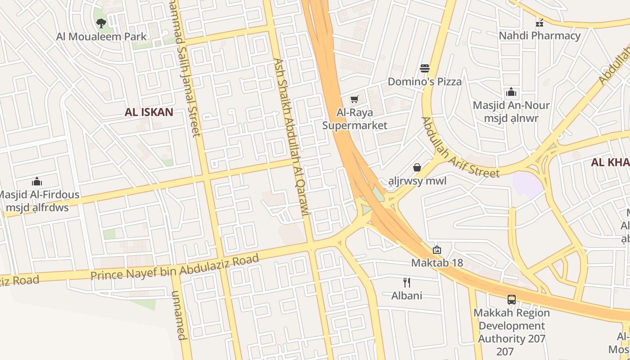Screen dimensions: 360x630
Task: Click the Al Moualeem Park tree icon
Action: click(101, 22)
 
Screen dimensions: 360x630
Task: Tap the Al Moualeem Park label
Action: click(101, 36)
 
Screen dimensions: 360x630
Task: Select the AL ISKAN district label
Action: click(149, 112)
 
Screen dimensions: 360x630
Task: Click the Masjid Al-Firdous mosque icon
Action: click(37, 182)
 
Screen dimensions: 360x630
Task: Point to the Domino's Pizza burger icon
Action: click(425, 68)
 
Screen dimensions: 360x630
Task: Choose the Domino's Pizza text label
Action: click(425, 81)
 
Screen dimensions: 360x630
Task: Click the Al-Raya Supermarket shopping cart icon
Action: click(355, 99)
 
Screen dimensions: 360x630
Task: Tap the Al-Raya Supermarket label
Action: click(355, 119)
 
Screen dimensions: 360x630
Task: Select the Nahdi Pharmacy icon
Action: click(540, 22)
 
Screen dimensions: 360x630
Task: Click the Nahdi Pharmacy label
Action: click(540, 36)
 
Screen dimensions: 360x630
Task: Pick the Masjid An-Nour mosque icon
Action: click(511, 92)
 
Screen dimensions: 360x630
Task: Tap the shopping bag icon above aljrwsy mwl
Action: click(417, 167)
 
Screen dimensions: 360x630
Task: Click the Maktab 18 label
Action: click(437, 262)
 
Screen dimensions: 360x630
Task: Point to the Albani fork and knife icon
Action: click(407, 283)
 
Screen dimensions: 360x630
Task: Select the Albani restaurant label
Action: click(407, 295)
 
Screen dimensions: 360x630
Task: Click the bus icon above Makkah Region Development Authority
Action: click(511, 299)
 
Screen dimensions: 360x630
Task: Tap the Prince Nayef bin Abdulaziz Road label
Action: click(175, 267)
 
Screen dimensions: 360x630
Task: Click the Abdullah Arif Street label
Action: click(460, 148)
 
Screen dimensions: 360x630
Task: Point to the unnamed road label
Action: click(178, 315)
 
